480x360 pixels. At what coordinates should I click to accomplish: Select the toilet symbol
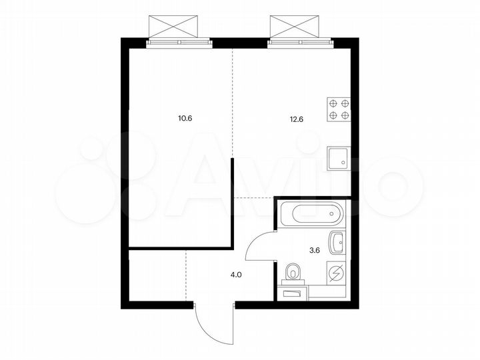point(293,272)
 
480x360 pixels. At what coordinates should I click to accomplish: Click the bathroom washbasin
point(337,242)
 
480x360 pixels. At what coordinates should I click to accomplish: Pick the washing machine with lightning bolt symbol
point(337,273)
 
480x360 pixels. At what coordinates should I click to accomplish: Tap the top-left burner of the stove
point(332,103)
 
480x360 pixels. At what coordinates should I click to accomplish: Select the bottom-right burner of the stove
point(344,115)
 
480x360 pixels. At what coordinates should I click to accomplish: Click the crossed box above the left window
point(174,26)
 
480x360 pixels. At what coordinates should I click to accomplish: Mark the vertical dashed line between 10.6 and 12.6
point(232,100)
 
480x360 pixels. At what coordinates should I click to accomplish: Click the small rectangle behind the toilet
point(293,292)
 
